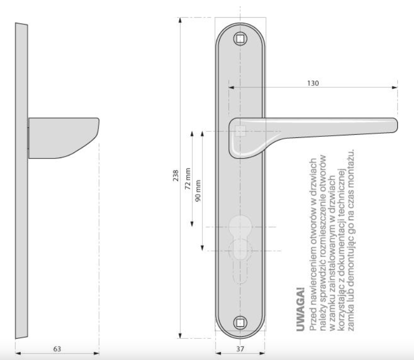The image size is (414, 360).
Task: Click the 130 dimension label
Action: (313, 83)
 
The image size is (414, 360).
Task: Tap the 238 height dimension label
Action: (176, 175)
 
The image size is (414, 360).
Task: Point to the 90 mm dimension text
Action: (198, 191)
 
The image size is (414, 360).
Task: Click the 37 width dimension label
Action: (240, 349)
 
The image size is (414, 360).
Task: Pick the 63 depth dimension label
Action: (57, 349)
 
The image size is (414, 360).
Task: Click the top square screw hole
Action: (240, 39)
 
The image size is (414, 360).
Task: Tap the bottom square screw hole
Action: (240, 323)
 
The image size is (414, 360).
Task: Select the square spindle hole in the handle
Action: (240, 131)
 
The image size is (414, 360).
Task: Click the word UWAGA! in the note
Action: (300, 310)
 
